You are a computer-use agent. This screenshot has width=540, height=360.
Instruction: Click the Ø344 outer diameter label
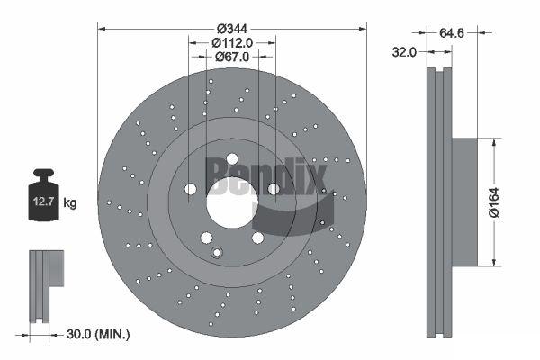coord(232,29)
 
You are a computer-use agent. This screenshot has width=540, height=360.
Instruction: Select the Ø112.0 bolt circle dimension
coord(232,43)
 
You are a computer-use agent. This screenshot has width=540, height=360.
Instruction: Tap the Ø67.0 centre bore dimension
coord(232,57)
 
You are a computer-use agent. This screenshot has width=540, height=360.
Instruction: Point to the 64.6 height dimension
coord(452,33)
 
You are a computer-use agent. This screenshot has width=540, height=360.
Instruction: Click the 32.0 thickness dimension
coord(404,52)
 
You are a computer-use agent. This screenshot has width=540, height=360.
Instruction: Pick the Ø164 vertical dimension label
coord(494,202)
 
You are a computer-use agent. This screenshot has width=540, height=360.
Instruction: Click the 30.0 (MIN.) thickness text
coord(98,334)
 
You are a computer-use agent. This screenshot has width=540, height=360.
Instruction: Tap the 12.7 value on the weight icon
coord(44,202)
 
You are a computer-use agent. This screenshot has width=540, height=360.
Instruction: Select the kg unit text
coord(70,202)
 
